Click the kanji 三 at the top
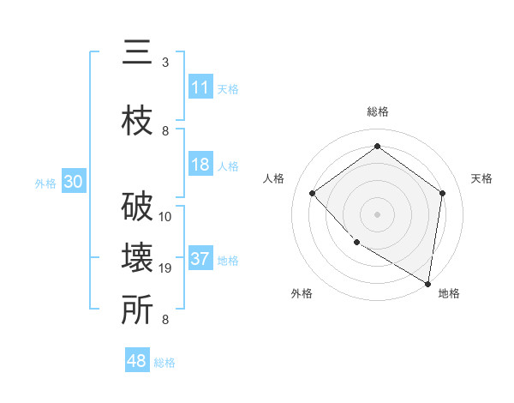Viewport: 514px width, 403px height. pos(136,54)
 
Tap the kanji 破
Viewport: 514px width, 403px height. pos(136,208)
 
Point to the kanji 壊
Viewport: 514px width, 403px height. pos(136,260)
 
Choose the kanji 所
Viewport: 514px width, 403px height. pos(136,311)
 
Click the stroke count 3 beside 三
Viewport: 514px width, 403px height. pos(165,63)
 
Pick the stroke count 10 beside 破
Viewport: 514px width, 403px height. pos(165,217)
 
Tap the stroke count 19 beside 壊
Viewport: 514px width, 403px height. pos(165,268)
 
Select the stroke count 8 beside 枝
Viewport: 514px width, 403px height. pos(165,131)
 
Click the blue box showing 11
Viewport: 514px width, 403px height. pos(200,87)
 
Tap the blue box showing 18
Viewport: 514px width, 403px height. pos(200,165)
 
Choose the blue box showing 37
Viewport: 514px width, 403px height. pos(200,259)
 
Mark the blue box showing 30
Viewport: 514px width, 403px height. pos(73,182)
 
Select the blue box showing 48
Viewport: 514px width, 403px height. pos(137,361)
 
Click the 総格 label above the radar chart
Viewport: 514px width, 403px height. pos(378,111)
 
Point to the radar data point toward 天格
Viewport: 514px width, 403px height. pos(443,193)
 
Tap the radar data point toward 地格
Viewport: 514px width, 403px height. pos(427,283)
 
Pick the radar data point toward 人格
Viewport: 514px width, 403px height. pos(313,193)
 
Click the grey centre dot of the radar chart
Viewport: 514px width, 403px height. pos(378,214)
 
